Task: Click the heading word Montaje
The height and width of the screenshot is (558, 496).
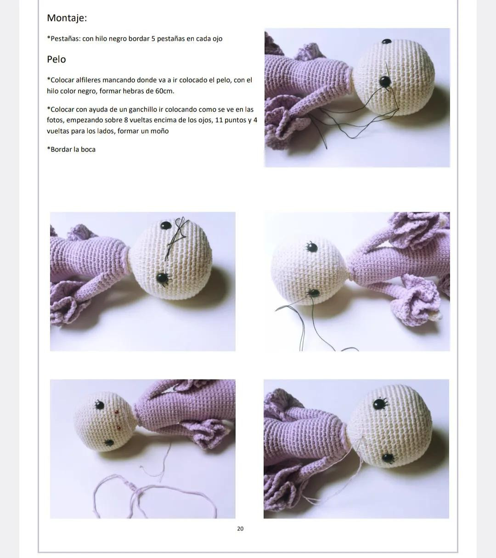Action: pyautogui.click(x=67, y=18)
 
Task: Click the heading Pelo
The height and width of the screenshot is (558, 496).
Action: pyautogui.click(x=56, y=59)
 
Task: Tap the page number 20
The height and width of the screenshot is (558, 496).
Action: pyautogui.click(x=240, y=529)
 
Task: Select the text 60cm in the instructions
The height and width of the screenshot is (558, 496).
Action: pyautogui.click(x=164, y=91)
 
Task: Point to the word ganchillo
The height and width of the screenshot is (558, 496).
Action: pyautogui.click(x=137, y=109)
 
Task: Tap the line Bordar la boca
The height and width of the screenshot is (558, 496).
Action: pyautogui.click(x=72, y=149)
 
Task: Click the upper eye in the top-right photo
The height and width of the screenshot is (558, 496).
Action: pyautogui.click(x=386, y=42)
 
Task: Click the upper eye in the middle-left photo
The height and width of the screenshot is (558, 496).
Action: pyautogui.click(x=165, y=225)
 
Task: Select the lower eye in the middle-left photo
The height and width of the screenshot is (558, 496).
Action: pyautogui.click(x=162, y=278)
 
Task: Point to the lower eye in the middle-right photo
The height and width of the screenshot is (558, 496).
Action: pyautogui.click(x=314, y=292)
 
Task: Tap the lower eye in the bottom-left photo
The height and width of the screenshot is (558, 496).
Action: pyautogui.click(x=109, y=443)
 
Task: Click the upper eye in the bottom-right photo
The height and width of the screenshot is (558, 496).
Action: pyautogui.click(x=379, y=404)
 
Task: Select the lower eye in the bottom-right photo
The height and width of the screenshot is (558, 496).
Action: pyautogui.click(x=388, y=458)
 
